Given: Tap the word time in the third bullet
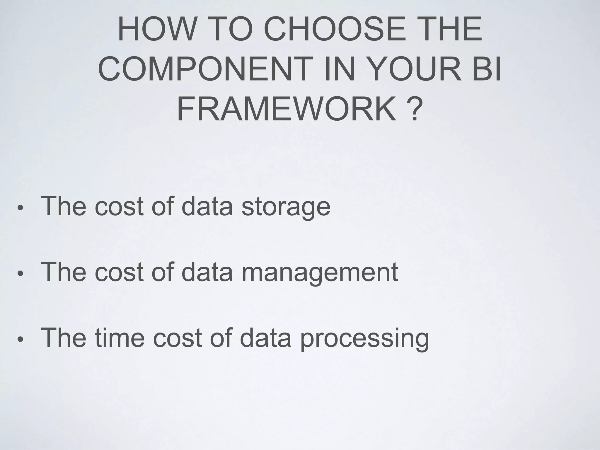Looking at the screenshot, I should point(120,338).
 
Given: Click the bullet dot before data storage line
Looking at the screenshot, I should point(20,208).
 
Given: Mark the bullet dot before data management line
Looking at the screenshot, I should point(20,274).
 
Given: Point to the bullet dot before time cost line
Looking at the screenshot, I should point(20,340).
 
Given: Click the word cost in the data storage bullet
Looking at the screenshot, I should point(119,206).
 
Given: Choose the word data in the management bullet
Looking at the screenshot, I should point(207,272).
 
